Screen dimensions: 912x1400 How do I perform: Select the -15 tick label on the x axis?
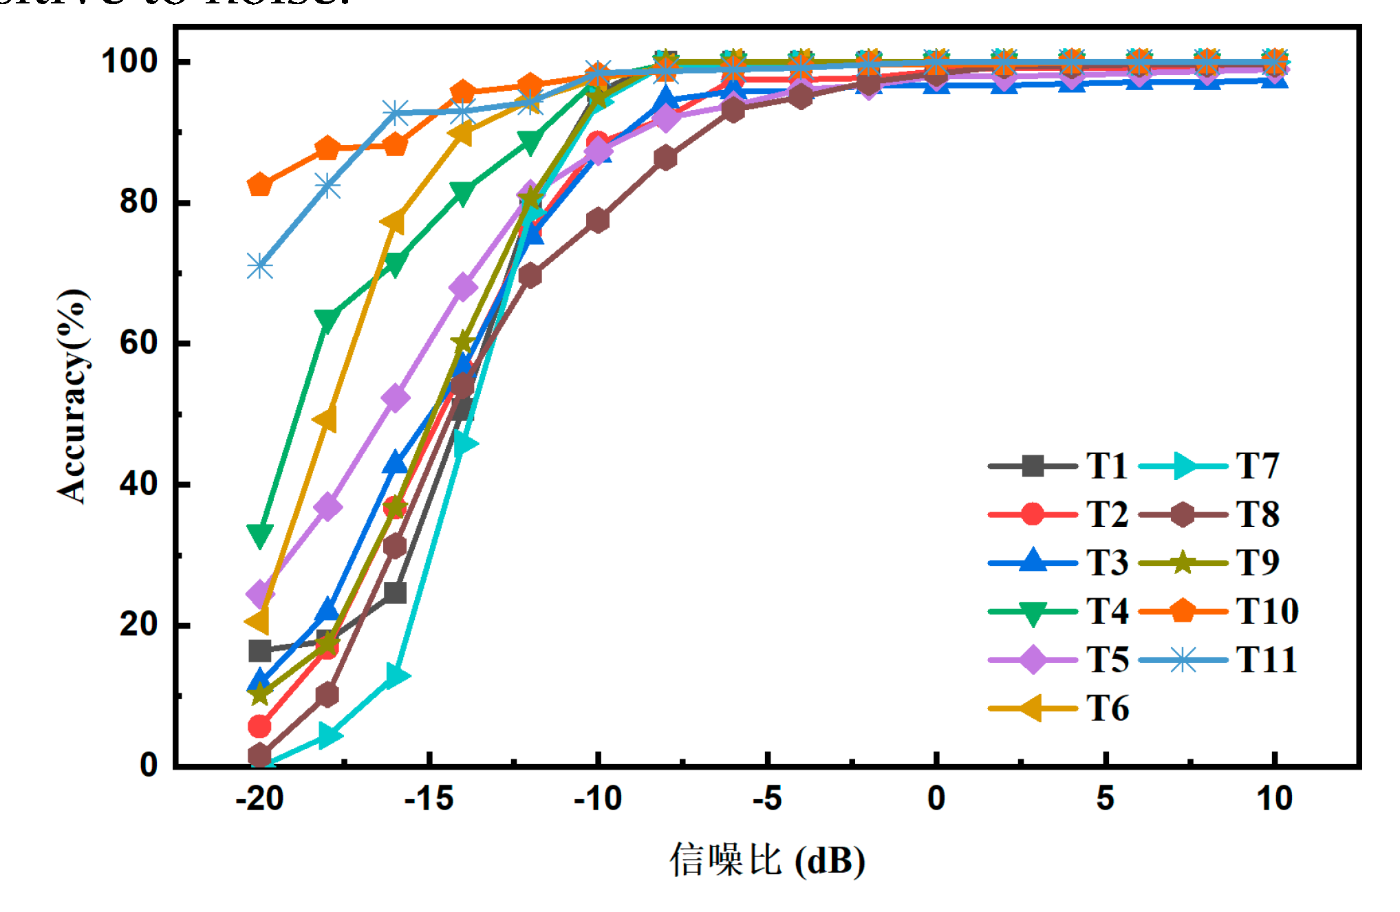[429, 799]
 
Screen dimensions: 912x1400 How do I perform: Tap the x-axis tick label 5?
[1105, 799]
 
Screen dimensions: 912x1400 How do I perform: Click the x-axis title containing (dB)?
[767, 860]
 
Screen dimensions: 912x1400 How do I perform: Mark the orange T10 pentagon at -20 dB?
[259, 184]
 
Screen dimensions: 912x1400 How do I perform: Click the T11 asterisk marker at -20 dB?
[259, 265]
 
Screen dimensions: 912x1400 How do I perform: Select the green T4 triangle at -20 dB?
[259, 534]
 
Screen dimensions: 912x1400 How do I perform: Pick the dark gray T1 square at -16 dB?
[395, 592]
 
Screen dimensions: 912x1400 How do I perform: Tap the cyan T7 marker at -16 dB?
[396, 675]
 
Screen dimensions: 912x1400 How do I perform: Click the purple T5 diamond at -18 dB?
[327, 507]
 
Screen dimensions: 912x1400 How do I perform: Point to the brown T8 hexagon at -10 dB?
[598, 221]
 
